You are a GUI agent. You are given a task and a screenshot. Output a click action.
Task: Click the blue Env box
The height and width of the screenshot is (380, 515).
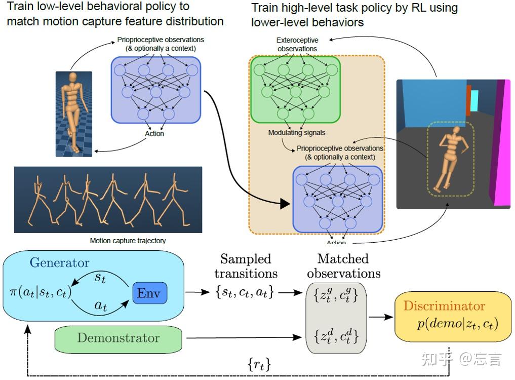point(150,293)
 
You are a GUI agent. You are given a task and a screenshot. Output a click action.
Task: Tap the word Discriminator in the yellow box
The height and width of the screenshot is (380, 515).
point(444,306)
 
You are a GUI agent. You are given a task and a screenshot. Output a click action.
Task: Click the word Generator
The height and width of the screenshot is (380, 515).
point(59,262)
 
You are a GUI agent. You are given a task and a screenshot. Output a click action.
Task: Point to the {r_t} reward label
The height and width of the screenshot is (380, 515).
point(259,364)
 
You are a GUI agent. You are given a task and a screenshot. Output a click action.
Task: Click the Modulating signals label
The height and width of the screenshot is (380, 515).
point(297,132)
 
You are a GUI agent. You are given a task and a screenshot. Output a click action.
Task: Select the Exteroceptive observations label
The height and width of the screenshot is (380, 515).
point(297,45)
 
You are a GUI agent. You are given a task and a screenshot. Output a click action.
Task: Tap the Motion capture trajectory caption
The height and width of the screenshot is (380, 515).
point(128,241)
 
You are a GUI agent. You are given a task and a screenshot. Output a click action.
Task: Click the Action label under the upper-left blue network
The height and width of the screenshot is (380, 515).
point(154,133)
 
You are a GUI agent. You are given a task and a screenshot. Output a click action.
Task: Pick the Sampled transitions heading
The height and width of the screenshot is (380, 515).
point(246,266)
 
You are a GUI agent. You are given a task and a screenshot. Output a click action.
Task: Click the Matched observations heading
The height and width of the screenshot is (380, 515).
point(343,266)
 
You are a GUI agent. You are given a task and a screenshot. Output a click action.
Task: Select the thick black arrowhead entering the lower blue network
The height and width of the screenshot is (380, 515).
point(285,204)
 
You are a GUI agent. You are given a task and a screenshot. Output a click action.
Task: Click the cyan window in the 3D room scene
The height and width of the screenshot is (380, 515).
point(474,101)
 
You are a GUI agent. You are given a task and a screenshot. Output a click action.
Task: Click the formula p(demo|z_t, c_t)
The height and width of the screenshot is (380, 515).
point(457,324)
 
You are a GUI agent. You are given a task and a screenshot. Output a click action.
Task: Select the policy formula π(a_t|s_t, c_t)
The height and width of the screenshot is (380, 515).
point(41,292)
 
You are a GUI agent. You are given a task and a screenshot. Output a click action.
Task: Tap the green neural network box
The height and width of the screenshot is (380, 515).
point(296,90)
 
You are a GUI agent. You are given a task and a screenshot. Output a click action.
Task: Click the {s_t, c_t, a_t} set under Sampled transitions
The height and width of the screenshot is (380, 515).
point(245,292)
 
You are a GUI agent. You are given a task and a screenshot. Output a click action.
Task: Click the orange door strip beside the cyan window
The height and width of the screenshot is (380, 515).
point(468,101)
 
